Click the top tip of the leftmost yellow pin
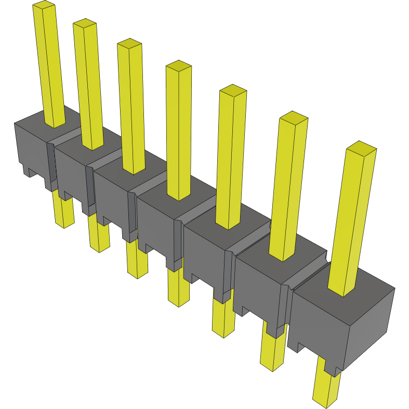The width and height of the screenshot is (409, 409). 44,5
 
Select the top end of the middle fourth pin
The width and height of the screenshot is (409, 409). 178,66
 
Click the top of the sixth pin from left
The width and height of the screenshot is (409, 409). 294,118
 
